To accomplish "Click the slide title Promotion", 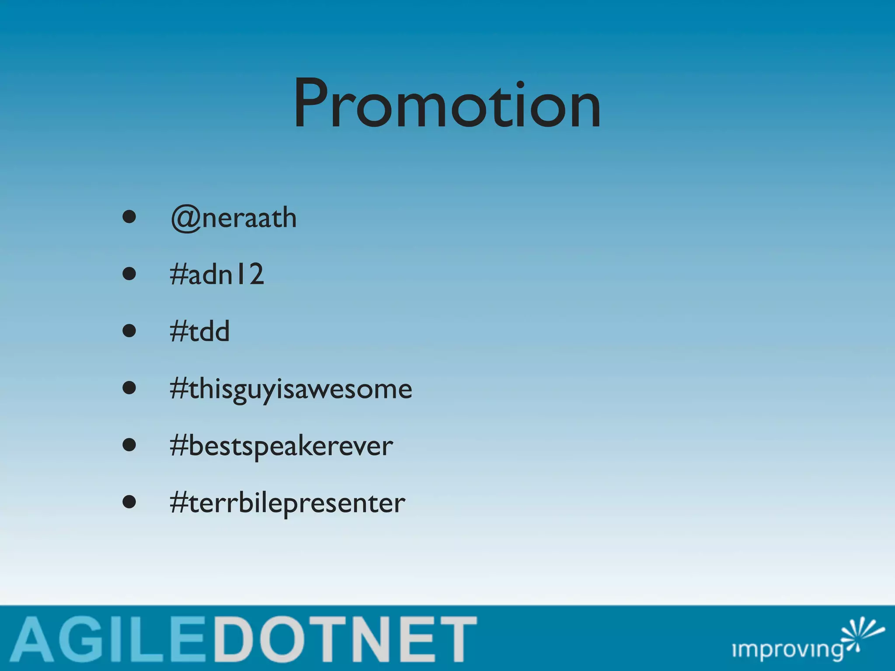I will tap(447, 104).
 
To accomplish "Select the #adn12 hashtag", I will tap(217, 274).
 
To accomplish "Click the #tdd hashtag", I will tap(200, 331).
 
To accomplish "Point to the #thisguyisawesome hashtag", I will tap(291, 389).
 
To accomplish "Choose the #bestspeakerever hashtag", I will tap(281, 446).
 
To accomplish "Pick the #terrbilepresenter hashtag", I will tap(288, 503).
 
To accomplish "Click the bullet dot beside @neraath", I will tap(129, 217).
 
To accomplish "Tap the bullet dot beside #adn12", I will tap(129, 274).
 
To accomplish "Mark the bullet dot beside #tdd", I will tap(129, 331).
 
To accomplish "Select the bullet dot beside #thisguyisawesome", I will tap(129, 388).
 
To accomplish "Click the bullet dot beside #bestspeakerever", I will tap(129, 445).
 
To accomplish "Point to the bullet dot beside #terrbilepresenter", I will tap(129, 502).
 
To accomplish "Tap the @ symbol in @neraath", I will tap(186, 218).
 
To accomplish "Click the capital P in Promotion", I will tap(316, 103).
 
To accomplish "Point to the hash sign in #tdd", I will tap(178, 331).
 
